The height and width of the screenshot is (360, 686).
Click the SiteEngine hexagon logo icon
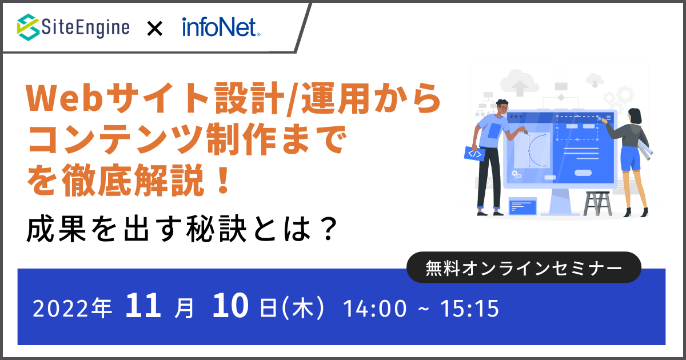click(x=28, y=27)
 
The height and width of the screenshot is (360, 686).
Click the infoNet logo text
click(x=221, y=27)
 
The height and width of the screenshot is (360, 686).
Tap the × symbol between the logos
click(x=155, y=29)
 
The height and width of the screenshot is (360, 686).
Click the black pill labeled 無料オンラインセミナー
click(x=524, y=267)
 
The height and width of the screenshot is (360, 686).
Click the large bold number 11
click(x=143, y=305)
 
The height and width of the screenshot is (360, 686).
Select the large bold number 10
click(x=230, y=305)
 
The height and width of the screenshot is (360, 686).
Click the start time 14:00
click(x=375, y=309)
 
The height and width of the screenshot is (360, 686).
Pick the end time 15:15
click(x=470, y=309)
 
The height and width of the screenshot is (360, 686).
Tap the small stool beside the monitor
click(x=597, y=203)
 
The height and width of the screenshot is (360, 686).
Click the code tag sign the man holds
click(x=474, y=153)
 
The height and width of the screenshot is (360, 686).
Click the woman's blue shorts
click(x=631, y=159)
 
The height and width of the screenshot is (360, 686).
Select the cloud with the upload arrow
click(x=520, y=83)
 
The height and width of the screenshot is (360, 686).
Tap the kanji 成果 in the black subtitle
click(x=57, y=229)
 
